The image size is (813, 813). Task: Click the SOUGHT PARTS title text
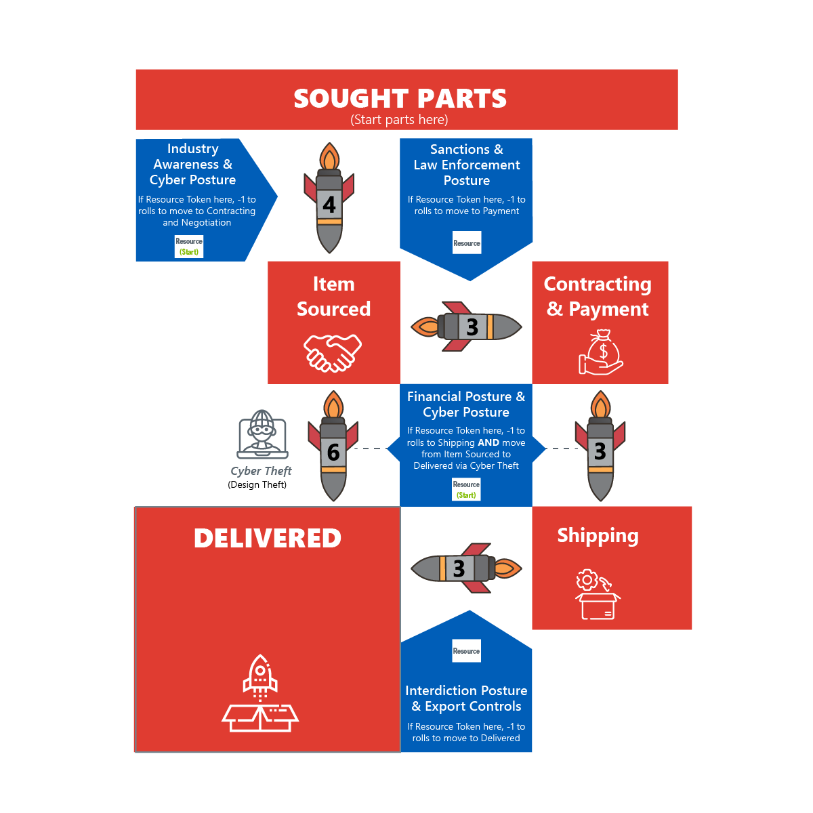[x=400, y=99]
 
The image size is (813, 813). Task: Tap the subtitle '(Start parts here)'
[x=399, y=120]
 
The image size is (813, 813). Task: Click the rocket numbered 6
[x=333, y=446]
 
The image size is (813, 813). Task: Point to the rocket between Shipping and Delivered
[x=466, y=568]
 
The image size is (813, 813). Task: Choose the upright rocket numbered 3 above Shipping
[x=600, y=446]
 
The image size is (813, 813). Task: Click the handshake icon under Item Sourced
[x=333, y=352]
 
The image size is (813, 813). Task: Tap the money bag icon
[x=600, y=352]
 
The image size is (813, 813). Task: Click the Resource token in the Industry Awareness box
[x=189, y=247]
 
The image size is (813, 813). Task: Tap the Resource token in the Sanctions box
[x=467, y=243]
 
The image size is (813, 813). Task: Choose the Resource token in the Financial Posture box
[x=466, y=489]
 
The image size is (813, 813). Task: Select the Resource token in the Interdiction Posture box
[x=466, y=651]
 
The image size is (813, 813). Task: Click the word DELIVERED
[x=268, y=539]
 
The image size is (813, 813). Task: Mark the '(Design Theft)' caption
[x=257, y=484]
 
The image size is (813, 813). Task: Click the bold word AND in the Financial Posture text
[x=488, y=442]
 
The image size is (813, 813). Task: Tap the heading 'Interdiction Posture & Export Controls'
[x=466, y=699]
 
